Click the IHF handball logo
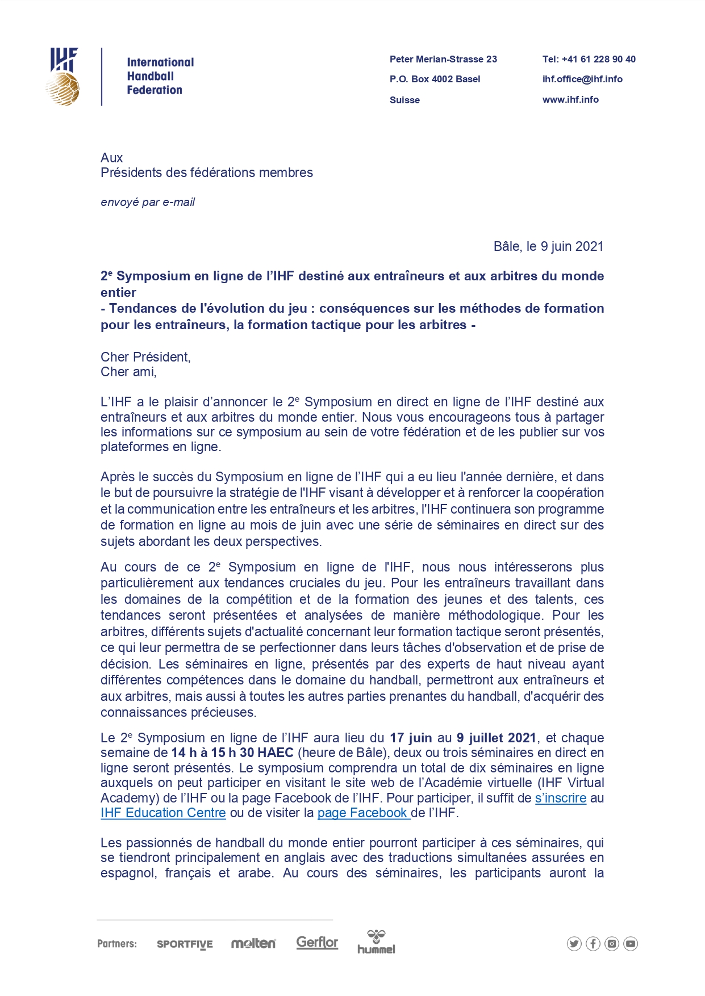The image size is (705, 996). tap(64, 77)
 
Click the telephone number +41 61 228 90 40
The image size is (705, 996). tap(589, 59)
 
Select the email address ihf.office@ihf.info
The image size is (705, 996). tap(582, 79)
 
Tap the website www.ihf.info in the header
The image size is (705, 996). tap(570, 99)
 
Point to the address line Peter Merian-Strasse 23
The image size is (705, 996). tap(443, 59)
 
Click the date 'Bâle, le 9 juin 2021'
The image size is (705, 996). tap(548, 246)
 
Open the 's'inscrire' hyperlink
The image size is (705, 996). tap(560, 798)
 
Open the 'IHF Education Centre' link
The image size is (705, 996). tap(163, 813)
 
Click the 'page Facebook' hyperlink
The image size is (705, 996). tap(363, 813)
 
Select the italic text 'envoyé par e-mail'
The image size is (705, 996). tap(148, 202)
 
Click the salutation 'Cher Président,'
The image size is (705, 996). tap(145, 357)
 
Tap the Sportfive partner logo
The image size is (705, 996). tap(185, 944)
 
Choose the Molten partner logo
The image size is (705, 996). tap(253, 943)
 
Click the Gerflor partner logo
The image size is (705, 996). tap(317, 942)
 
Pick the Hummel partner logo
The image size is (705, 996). tap(376, 942)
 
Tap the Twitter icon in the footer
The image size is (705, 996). tap(574, 944)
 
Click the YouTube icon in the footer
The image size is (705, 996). tap(631, 944)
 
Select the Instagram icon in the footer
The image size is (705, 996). tap(612, 944)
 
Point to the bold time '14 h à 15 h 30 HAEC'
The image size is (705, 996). tap(232, 753)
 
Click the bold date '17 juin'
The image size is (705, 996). tap(411, 738)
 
